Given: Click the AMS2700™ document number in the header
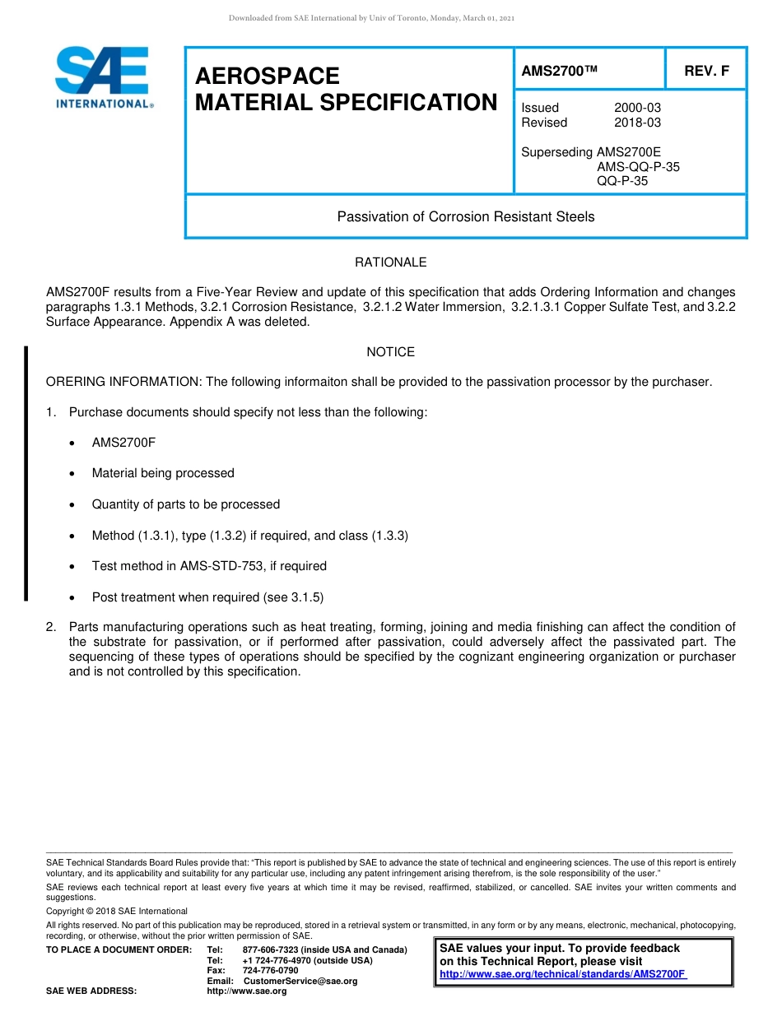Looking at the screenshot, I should [559, 72].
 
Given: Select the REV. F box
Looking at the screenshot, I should [706, 72].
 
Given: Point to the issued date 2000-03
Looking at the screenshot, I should [637, 108].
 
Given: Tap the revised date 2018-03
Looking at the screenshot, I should [637, 123].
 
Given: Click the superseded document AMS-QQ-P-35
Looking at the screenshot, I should [638, 167].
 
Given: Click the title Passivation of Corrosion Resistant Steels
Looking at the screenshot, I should [465, 217].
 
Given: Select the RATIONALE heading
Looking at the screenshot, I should [390, 262].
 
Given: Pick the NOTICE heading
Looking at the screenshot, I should [390, 352].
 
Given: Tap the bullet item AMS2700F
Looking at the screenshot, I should [123, 443].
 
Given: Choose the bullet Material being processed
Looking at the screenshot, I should [163, 473].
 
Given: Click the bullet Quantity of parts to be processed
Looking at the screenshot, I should [186, 504].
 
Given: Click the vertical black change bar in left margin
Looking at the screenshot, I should [26, 474].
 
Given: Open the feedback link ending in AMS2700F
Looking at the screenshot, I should [562, 974].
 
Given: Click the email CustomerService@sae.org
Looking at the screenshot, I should [300, 982].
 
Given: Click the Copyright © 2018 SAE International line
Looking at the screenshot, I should [117, 911].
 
